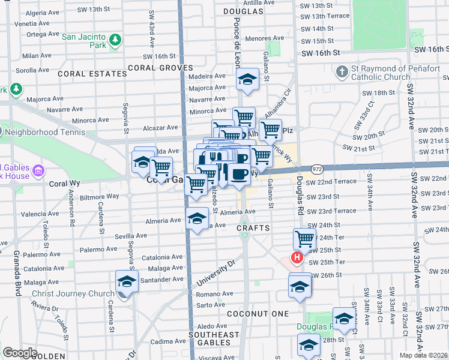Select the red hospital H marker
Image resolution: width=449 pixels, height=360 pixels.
[297, 258]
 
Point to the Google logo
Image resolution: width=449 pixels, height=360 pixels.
[20, 352]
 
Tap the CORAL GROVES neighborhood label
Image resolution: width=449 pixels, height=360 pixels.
[159, 68]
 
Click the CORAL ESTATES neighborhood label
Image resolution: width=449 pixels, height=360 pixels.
[92, 74]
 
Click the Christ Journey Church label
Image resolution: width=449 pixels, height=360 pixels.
[71, 293]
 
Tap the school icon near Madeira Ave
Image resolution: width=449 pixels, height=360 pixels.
[246, 79]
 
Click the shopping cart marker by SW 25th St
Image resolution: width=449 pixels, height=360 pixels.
[304, 239]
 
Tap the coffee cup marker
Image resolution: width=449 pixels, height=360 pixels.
[240, 173]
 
